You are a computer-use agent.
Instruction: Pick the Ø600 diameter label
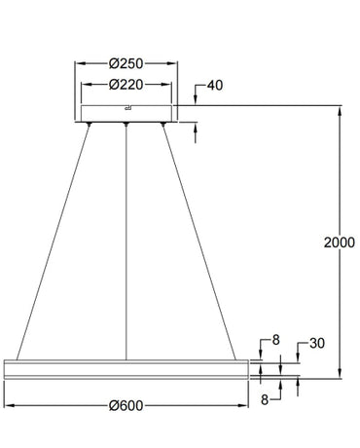[x=127, y=409]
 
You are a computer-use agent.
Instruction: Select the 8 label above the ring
[x=275, y=340]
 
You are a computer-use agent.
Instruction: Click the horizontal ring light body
[x=127, y=367]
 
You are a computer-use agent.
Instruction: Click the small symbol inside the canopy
[x=127, y=107]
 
